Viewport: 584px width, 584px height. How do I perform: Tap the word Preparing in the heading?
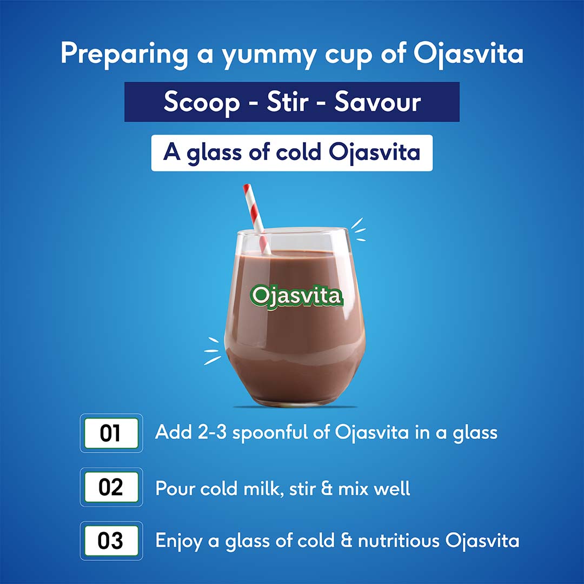[124, 54]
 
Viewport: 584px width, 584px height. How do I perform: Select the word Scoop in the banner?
[201, 102]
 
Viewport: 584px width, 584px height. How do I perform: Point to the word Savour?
[377, 102]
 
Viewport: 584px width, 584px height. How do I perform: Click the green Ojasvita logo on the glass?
[296, 296]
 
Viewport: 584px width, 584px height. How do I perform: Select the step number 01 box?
[111, 433]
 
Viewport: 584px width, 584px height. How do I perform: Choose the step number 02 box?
[111, 487]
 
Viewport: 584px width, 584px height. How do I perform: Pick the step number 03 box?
[111, 541]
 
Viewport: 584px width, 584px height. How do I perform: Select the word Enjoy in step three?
[178, 541]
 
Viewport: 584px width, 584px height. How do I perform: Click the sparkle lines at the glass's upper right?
[358, 229]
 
